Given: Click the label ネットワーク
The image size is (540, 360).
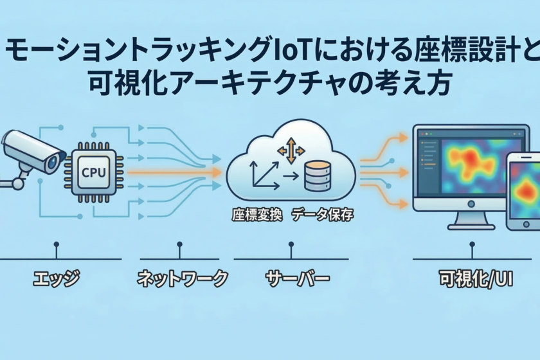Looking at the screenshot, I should coord(183,279).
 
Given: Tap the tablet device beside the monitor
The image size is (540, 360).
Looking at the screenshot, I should coord(523,192).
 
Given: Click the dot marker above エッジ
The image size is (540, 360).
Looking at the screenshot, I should coord(57,244).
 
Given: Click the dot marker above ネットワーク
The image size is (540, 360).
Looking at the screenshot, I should coord(179,244).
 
